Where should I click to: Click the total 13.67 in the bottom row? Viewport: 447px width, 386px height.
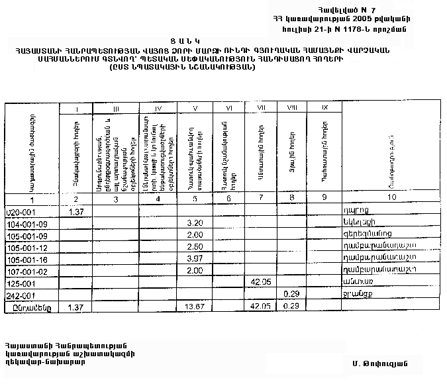coord(194,308)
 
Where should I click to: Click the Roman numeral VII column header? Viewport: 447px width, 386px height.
coord(261,107)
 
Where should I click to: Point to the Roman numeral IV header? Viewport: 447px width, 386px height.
coord(158,108)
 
